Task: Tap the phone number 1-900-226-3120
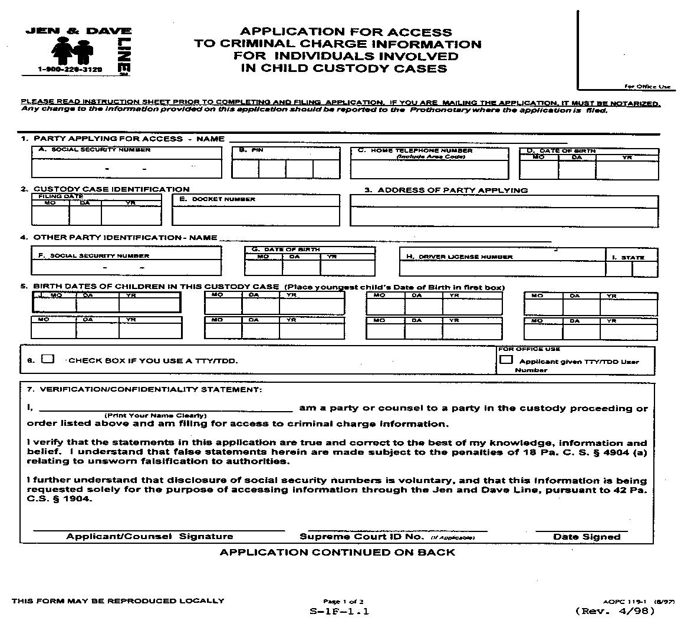70,70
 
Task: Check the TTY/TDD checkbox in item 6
48,359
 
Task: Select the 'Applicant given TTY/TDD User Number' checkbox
506,360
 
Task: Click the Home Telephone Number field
429,168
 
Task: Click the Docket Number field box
256,214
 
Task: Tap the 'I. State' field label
631,257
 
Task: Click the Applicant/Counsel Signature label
149,537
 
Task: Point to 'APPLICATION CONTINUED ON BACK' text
337,552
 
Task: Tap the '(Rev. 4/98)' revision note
614,611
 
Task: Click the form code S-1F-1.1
339,612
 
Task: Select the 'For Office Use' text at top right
647,87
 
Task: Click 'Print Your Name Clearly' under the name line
159,415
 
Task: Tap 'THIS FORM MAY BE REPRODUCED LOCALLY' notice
118,601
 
